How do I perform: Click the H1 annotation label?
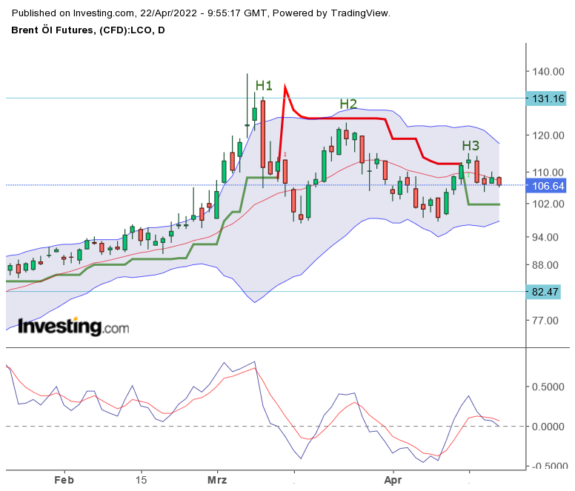(264, 85)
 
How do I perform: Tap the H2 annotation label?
(348, 104)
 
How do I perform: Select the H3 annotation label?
(471, 145)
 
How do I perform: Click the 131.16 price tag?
(548, 98)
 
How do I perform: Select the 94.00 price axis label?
(546, 237)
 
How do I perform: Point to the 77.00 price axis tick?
(546, 321)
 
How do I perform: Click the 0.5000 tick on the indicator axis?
(549, 387)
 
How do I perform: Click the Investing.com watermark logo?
(73, 327)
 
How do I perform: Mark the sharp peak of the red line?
(285, 87)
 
